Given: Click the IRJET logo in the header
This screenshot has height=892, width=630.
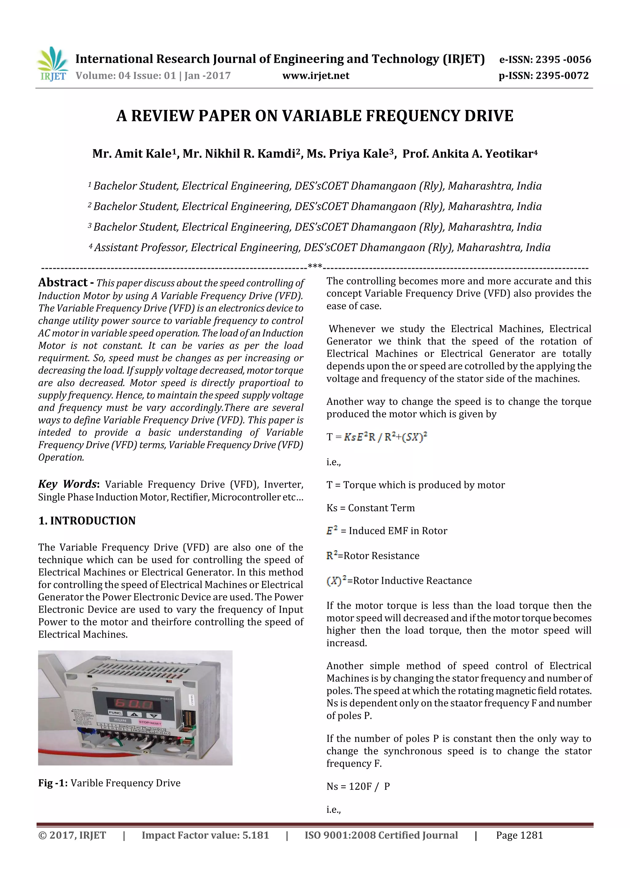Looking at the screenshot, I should point(52,64).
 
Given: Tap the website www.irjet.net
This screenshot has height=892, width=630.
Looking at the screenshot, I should point(316,75).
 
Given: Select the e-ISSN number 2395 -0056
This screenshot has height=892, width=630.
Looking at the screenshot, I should point(563,59).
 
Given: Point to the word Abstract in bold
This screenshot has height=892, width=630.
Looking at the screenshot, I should point(63,282).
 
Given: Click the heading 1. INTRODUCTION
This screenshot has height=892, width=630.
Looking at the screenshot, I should point(87,521).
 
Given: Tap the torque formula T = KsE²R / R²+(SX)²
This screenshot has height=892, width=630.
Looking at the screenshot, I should point(377,437).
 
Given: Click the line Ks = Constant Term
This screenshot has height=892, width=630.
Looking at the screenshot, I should point(370,508).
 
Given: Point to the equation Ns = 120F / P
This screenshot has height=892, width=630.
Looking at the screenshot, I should point(358,786).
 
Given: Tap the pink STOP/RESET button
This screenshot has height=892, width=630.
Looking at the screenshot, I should point(150,723).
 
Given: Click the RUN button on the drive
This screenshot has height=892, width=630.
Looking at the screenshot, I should point(121,720).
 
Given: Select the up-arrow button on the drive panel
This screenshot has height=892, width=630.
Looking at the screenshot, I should point(134,714).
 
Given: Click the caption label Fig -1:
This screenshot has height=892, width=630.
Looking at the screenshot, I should point(53,783).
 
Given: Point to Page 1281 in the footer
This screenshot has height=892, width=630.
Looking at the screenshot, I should point(519,835).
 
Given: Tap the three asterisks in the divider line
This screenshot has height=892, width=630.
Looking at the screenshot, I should point(314,267).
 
